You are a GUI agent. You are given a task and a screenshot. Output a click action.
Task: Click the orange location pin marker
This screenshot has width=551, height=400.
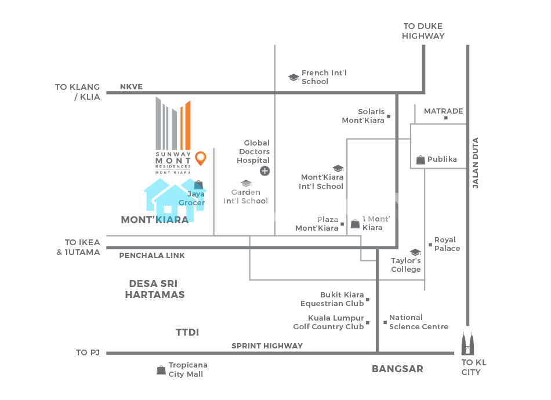(201, 158)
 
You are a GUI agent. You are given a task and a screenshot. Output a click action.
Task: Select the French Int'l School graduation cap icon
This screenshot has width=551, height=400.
(293, 77)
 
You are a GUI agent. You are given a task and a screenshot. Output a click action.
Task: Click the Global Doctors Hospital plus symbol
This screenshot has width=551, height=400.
(264, 170)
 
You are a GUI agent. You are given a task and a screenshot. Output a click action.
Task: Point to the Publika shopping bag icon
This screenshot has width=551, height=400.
(420, 159)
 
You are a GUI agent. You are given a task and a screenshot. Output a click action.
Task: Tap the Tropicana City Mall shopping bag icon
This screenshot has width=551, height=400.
(161, 370)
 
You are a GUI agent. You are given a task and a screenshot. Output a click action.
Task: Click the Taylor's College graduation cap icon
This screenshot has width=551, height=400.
(415, 252)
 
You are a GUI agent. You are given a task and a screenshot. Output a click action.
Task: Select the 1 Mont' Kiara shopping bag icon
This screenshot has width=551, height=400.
(355, 224)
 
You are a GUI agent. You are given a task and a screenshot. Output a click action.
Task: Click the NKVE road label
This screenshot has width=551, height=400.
(131, 87)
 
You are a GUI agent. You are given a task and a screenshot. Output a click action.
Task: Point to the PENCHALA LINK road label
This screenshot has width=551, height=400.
(152, 256)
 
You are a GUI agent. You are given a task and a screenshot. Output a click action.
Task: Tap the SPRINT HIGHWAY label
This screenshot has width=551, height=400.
(267, 346)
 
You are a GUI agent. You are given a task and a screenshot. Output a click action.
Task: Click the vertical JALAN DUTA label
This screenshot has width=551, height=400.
(476, 163)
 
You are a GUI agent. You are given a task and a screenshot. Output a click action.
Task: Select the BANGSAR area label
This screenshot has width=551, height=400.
(397, 369)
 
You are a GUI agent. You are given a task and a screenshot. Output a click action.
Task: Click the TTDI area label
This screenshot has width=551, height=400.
(187, 332)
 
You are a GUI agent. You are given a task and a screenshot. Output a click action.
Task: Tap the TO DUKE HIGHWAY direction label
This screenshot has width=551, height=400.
(423, 31)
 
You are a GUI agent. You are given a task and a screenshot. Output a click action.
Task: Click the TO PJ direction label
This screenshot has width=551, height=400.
(89, 352)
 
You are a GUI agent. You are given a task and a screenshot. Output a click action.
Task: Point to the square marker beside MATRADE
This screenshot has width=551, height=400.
(446, 118)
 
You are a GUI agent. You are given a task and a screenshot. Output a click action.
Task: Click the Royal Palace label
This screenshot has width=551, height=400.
(447, 244)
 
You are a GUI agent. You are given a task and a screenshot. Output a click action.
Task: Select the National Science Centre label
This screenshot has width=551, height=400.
(418, 322)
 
